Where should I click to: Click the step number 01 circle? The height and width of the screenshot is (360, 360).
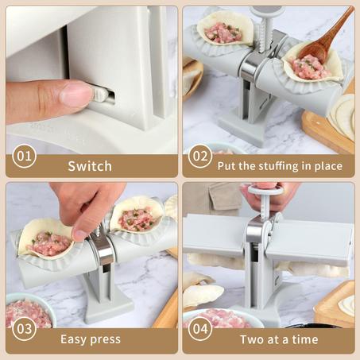tap(24, 156)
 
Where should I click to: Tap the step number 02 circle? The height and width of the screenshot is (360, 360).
tap(200, 156)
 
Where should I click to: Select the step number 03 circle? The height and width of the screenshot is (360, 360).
tap(24, 329)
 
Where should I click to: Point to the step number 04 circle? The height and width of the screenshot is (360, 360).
tap(200, 329)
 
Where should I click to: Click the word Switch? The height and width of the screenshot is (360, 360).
tap(90, 166)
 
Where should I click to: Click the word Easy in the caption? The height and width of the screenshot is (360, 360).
tap(74, 339)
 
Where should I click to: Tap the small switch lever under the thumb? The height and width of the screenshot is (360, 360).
tap(101, 95)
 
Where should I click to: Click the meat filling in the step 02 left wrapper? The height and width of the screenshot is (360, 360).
tap(223, 33)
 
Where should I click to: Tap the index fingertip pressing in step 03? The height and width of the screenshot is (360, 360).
tap(79, 235)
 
